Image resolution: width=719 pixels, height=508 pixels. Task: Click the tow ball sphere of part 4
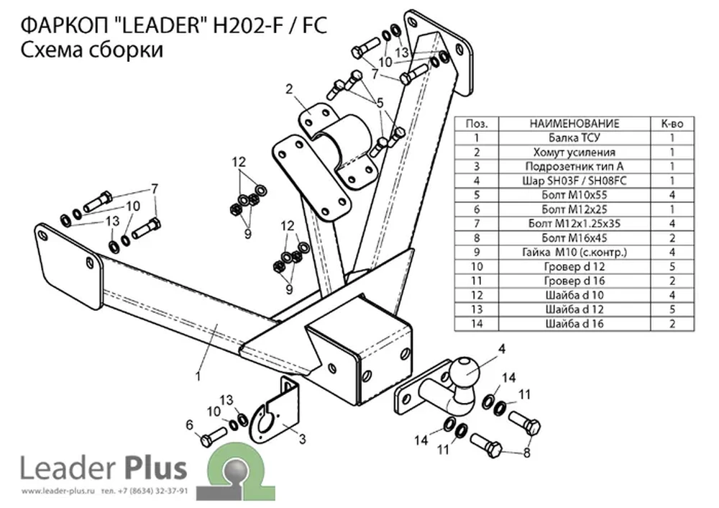(464, 373)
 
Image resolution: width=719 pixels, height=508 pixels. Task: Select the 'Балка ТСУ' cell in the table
(574, 137)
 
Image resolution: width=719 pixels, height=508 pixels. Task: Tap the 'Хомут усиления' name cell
(574, 152)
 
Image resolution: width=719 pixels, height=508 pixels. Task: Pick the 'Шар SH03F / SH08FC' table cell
(574, 181)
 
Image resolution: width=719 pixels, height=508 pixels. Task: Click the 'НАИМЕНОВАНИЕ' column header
(574, 124)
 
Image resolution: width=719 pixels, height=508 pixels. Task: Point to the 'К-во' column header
(672, 124)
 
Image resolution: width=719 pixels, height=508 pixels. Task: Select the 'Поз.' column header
(477, 124)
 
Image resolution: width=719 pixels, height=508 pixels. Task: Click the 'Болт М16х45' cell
(574, 237)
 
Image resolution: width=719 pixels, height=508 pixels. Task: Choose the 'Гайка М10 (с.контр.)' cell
(574, 252)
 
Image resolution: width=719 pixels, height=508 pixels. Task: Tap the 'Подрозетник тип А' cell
(574, 166)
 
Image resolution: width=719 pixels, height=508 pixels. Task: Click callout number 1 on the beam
(198, 376)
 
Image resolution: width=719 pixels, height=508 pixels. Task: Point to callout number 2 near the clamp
(289, 89)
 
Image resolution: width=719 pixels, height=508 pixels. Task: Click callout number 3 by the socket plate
(302, 439)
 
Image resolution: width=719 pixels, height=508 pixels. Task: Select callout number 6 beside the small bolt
(190, 425)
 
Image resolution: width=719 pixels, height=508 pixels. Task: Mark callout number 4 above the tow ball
(502, 349)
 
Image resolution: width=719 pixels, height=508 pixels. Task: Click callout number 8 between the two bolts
(526, 453)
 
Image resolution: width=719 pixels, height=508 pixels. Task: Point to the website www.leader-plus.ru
(58, 491)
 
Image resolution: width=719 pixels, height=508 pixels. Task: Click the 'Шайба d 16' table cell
(574, 324)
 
